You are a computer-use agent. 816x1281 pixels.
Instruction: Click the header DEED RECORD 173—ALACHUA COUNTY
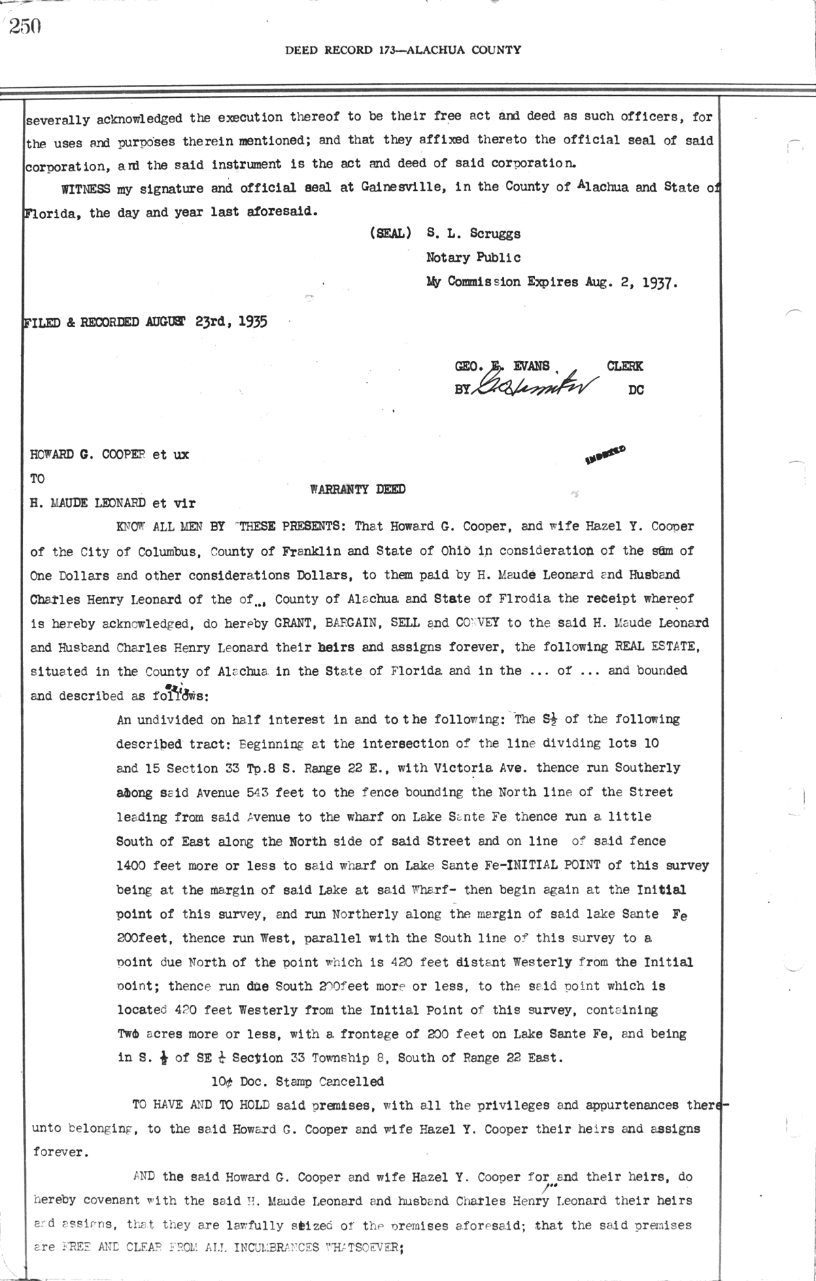coord(403,50)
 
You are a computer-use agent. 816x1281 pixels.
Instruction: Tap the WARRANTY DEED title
coord(358,489)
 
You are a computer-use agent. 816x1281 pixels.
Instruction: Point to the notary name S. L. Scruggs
coord(473,233)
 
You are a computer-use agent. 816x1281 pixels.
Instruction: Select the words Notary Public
coord(473,258)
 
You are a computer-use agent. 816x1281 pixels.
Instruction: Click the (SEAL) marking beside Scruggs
coord(390,233)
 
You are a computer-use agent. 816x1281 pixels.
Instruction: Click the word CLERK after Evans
coord(624,366)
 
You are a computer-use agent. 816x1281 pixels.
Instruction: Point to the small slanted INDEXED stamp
coord(605,455)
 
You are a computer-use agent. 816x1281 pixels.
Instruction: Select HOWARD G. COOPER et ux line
coord(109,454)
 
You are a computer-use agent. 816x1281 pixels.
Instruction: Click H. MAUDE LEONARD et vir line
coord(113,503)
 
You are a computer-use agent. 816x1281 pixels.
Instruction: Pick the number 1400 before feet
coord(132,866)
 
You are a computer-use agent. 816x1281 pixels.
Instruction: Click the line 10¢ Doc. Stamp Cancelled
coord(297,1081)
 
